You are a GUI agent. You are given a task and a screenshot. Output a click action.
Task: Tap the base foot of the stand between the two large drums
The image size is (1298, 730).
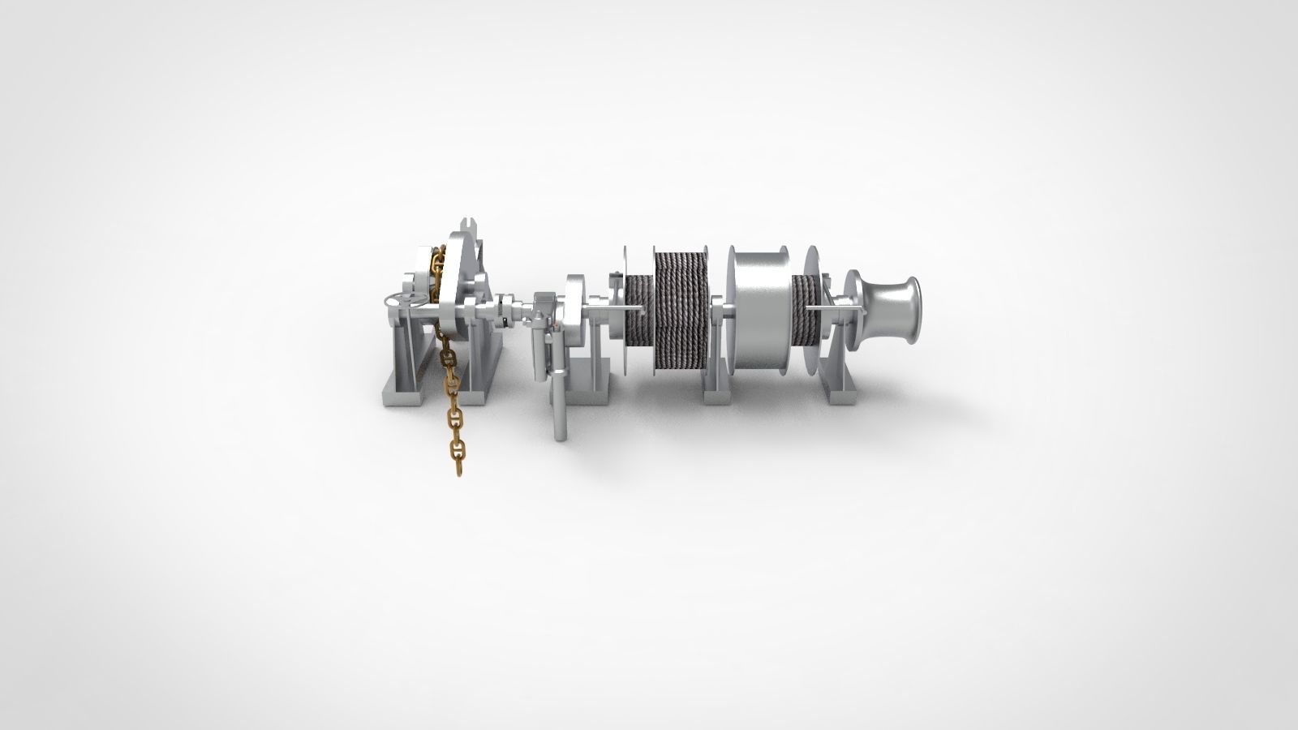coord(718,397)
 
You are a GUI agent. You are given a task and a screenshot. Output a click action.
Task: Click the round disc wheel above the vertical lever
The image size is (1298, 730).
coord(575,308)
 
